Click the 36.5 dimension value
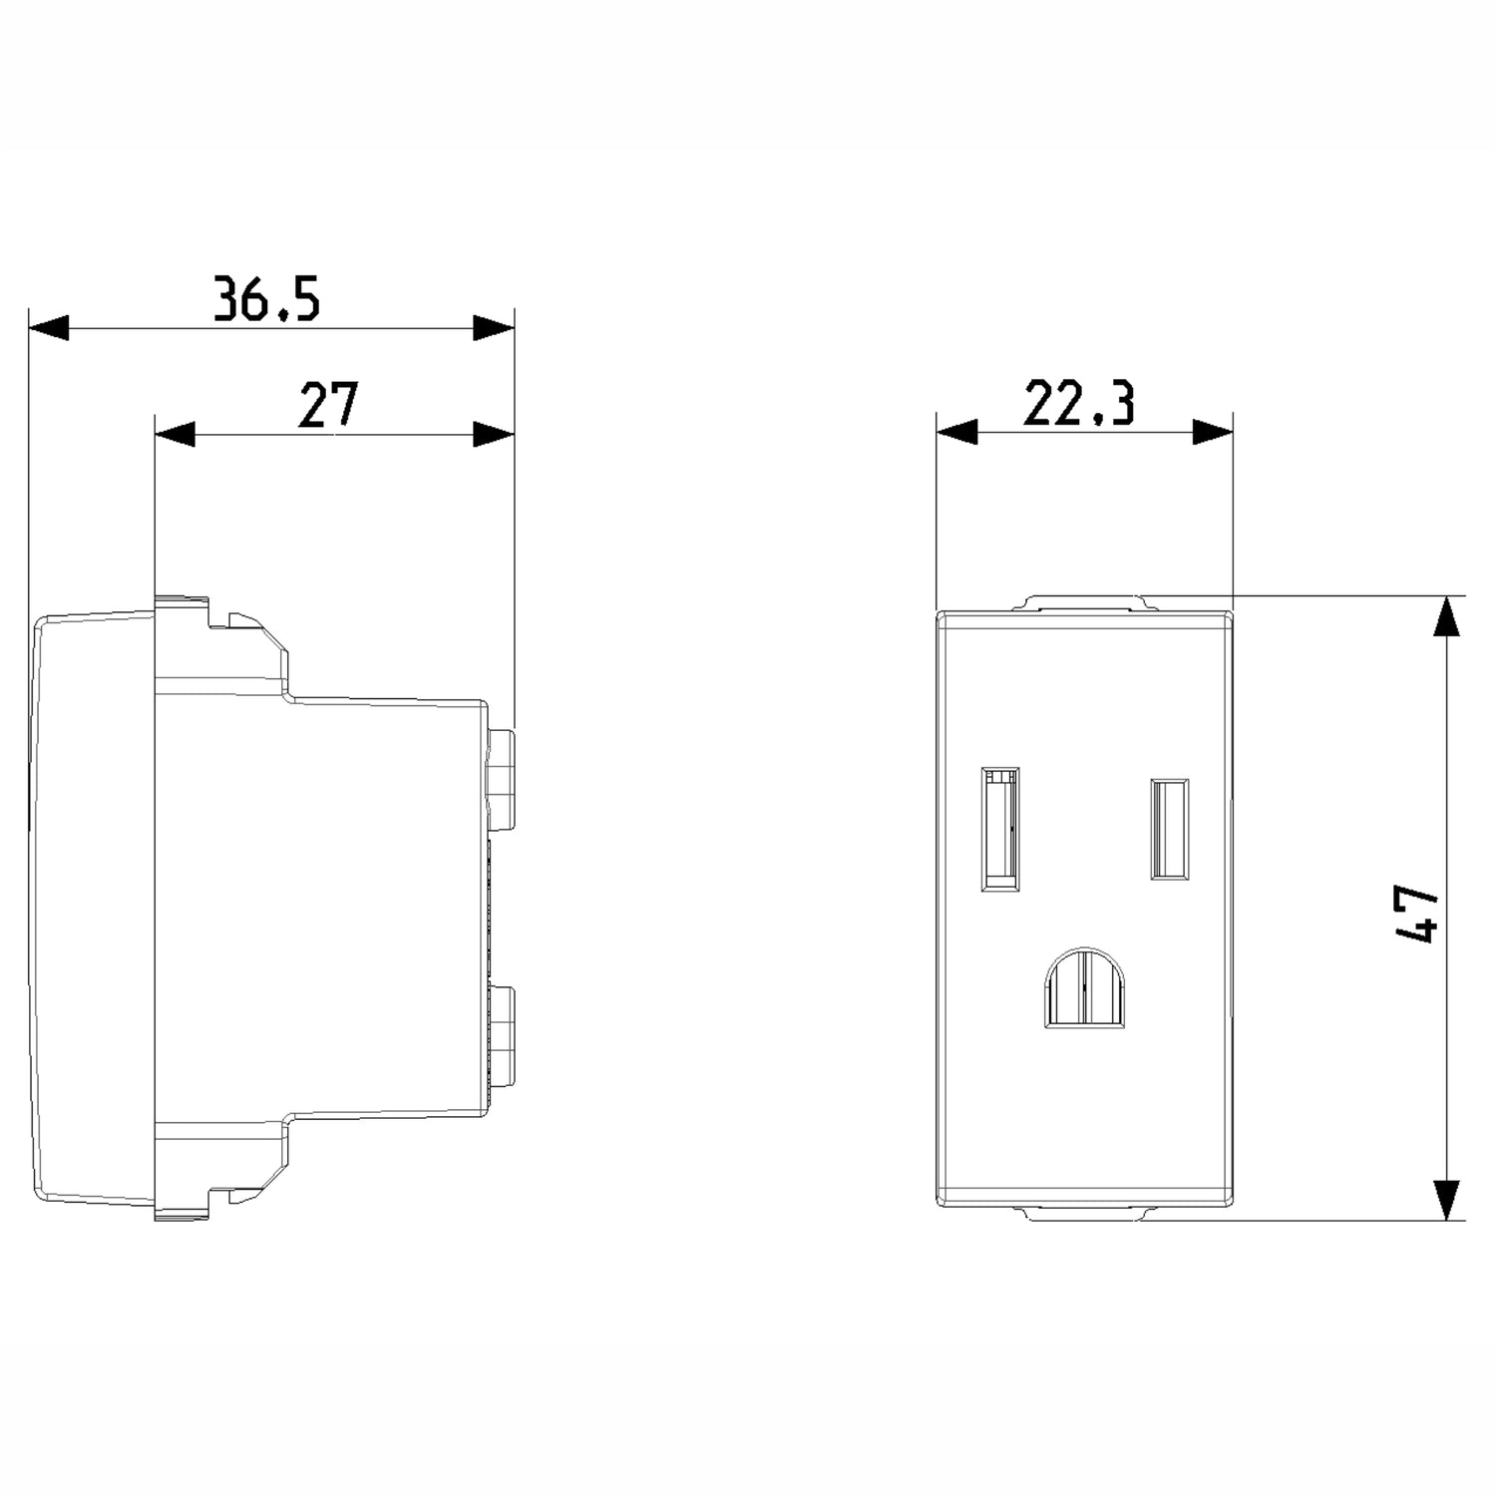(x=266, y=299)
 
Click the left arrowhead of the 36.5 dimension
(x=49, y=328)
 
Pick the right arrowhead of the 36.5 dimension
(x=494, y=328)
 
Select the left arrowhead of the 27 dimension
(x=175, y=434)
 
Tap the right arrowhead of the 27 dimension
(x=494, y=434)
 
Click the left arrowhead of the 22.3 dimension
(x=956, y=432)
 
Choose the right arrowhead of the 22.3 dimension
(x=1214, y=432)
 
